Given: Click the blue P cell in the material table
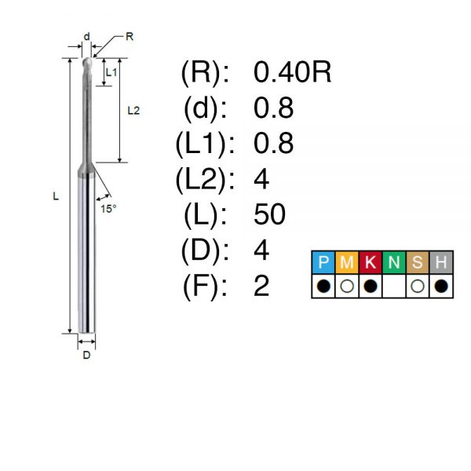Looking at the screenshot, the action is click(x=323, y=262).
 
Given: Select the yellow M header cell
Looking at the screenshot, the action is click(x=347, y=262).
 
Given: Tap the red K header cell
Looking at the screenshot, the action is click(x=371, y=262).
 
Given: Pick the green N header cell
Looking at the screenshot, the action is click(x=394, y=262).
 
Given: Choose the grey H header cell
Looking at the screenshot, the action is click(x=441, y=262).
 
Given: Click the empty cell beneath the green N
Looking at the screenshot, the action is click(x=394, y=286).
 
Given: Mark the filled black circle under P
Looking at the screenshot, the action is click(x=323, y=286).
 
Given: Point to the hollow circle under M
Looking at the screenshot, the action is click(x=347, y=286).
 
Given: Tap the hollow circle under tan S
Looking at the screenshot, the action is click(x=418, y=286).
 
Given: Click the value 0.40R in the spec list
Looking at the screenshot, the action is click(x=292, y=72).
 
